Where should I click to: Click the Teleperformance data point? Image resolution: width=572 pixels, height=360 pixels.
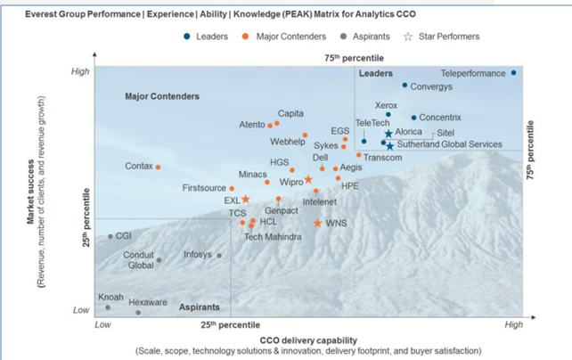514,73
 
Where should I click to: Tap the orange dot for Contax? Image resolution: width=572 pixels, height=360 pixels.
158,167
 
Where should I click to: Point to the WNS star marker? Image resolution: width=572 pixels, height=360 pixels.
318,223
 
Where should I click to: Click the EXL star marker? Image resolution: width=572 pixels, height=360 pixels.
246,200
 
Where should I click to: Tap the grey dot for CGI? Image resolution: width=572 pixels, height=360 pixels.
110,236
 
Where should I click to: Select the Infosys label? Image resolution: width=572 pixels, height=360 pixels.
197,254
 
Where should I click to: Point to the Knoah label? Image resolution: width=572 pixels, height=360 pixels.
110,296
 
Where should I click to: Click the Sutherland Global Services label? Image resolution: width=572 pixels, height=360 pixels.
450,143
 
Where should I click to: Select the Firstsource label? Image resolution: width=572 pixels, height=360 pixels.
204,188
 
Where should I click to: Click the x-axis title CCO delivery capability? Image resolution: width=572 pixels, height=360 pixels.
308,339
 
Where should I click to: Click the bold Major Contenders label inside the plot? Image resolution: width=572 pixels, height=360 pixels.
162,95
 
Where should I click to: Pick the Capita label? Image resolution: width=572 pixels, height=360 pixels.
291,113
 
